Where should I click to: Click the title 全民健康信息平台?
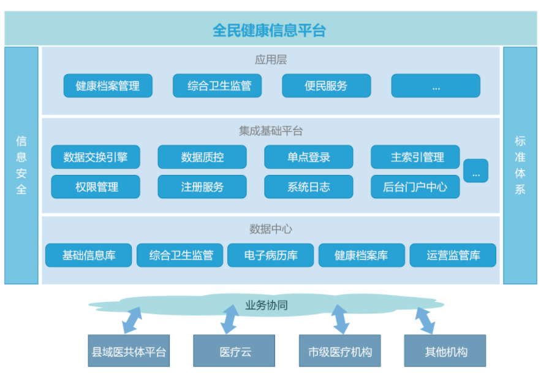(x=269, y=30)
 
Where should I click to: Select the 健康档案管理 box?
(x=108, y=86)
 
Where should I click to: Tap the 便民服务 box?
(x=327, y=86)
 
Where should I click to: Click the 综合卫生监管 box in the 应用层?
(x=217, y=86)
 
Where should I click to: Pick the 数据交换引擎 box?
(x=96, y=157)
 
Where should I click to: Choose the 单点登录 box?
(x=308, y=157)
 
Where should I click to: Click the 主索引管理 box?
(x=415, y=157)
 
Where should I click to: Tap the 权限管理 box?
(x=96, y=187)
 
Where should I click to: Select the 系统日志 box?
(x=308, y=187)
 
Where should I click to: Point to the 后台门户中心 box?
(x=415, y=187)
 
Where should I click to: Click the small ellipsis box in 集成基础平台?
(x=476, y=171)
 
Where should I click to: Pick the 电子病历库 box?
(x=271, y=255)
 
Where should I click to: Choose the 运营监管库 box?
(x=453, y=255)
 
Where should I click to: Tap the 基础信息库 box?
(x=88, y=255)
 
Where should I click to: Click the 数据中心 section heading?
(x=271, y=229)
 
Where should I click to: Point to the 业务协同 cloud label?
(x=267, y=305)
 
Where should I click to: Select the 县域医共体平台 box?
(x=129, y=351)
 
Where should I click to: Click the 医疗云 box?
(x=234, y=351)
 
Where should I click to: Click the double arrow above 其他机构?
(x=425, y=321)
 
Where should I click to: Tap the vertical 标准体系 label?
(x=520, y=165)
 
